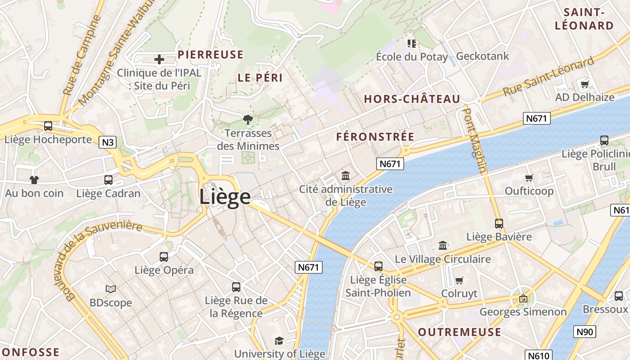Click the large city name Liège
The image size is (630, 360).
pos(225,197)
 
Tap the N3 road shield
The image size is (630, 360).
pos(108,143)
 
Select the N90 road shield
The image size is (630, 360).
pos(585,332)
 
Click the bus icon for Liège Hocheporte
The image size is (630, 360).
pos(48,126)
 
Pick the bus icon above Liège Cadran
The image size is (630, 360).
pos(108,180)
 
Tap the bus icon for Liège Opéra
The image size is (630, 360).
pos(164,257)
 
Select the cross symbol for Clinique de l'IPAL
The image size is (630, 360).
pos(159,59)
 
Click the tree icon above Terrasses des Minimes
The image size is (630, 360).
pos(247,120)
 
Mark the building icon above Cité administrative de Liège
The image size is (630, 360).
pos(346,175)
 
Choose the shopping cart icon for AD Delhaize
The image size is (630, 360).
pos(585,84)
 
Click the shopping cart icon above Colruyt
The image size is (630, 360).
pos(459,280)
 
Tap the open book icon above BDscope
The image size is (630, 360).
pos(110,289)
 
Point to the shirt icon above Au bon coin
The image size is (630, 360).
pos(34,180)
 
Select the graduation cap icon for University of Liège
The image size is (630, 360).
pos(279,341)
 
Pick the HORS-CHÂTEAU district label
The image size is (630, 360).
pos(412,99)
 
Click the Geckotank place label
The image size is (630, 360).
pos(482,56)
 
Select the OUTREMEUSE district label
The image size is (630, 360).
pos(459,332)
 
